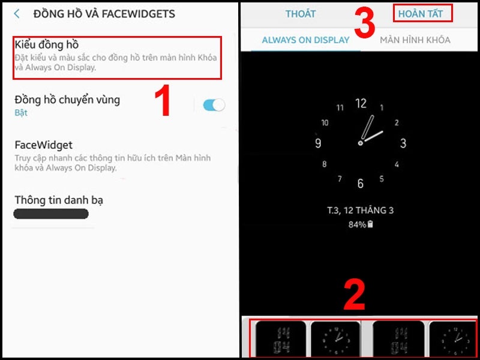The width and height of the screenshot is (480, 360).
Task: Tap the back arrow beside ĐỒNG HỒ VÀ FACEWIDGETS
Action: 17,14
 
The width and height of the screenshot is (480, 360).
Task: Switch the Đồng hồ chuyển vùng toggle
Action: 214,105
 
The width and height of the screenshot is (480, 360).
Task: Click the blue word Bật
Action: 21,113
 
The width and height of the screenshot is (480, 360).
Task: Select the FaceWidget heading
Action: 43,145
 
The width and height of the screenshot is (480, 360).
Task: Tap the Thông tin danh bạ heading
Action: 59,200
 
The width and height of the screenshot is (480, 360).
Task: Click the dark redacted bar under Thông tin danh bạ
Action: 51,214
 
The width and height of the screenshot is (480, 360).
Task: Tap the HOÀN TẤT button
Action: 421,14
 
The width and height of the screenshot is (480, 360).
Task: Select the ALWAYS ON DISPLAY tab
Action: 305,40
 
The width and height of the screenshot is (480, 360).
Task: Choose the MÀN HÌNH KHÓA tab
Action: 415,40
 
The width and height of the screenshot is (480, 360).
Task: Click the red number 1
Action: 162,100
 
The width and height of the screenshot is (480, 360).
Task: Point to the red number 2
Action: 354,295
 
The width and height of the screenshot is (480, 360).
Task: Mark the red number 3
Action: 365,23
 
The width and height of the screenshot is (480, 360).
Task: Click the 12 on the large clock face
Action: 361,103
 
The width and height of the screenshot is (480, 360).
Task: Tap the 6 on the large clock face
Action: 361,184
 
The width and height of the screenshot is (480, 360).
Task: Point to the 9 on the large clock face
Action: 318,143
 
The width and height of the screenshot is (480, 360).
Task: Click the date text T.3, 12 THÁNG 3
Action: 361,211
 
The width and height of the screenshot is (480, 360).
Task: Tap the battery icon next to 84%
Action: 370,224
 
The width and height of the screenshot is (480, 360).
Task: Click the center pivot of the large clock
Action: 361,143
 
